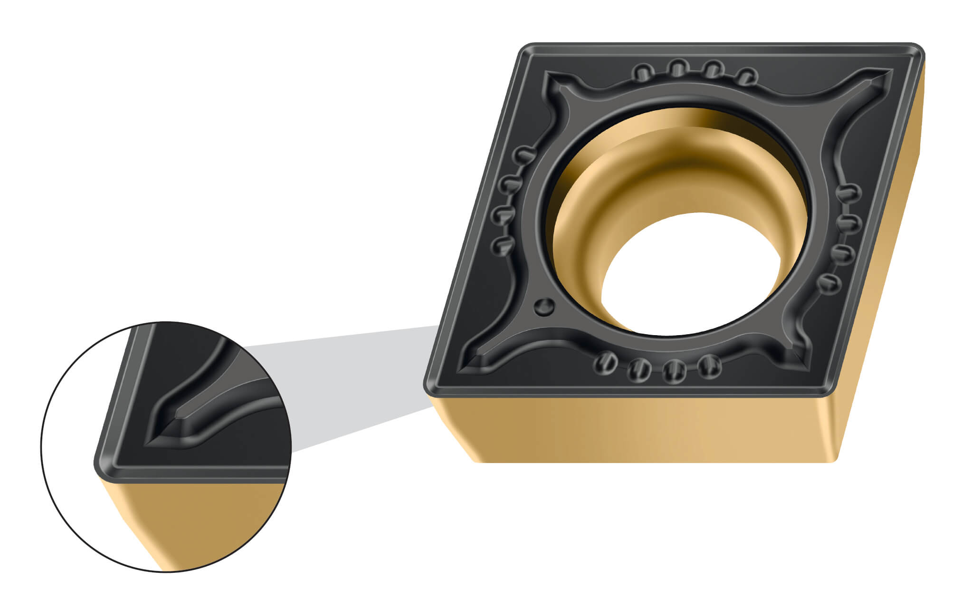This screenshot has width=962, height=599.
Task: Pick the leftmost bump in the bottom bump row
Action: tap(605, 363)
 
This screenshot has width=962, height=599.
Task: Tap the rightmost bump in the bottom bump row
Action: tap(709, 366)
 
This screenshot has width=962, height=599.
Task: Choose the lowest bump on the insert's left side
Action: tap(502, 246)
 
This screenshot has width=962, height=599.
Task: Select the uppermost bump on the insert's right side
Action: tap(848, 193)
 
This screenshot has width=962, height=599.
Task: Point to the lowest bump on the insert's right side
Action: tap(829, 284)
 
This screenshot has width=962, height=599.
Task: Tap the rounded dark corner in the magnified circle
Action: tap(102, 464)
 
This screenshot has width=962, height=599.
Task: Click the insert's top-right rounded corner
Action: tap(914, 50)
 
